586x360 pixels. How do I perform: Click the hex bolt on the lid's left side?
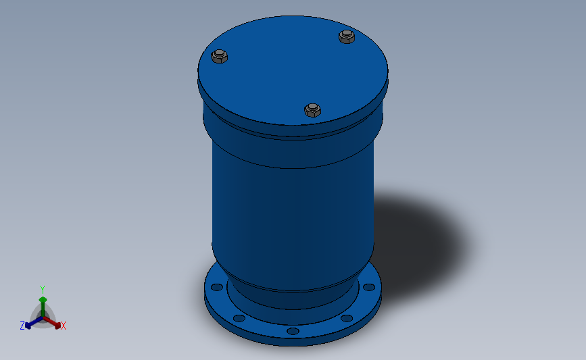(220, 57)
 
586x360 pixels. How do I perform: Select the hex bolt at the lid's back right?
(347, 36)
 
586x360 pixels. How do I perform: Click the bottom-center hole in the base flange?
(292, 331)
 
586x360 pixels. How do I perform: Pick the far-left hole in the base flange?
(217, 287)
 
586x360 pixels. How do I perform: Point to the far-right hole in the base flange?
(368, 287)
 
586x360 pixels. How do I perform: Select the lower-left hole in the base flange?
(239, 318)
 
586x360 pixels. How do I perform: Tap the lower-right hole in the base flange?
(347, 318)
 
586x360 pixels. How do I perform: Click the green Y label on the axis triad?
(42, 290)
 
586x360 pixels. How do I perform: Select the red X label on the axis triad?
(64, 326)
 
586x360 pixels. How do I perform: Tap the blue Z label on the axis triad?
(22, 326)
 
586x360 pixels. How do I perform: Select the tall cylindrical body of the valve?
(293, 209)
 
